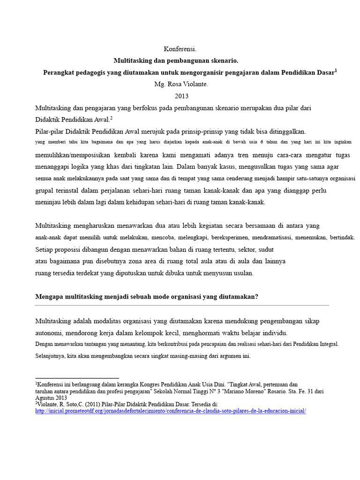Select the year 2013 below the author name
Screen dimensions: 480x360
click(x=181, y=96)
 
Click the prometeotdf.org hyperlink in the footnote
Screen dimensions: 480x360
click(x=171, y=411)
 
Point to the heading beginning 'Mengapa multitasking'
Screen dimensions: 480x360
click(x=147, y=297)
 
